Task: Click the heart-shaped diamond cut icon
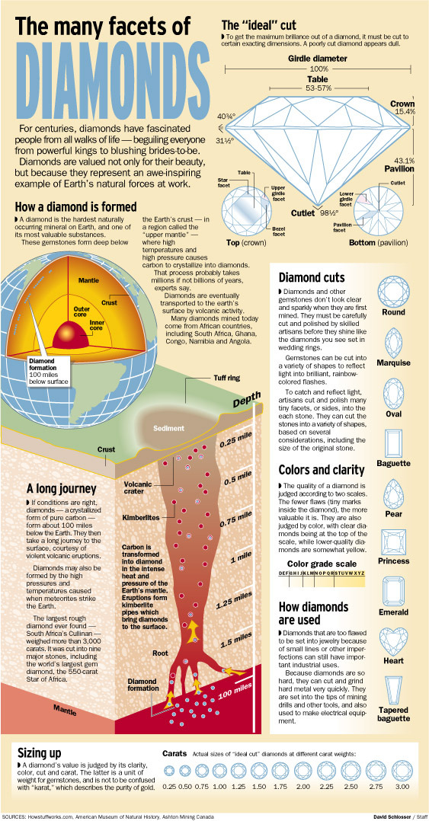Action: point(393,641)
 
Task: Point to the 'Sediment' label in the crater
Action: point(168,428)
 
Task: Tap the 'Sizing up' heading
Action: point(40,753)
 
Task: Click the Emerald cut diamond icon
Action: point(393,591)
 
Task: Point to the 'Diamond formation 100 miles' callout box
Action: point(48,371)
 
